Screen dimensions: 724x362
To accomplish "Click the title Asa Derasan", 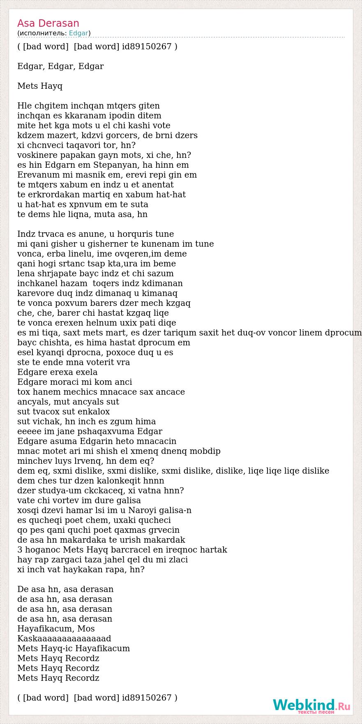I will (48, 23).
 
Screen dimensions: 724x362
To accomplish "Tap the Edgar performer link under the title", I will (78, 33).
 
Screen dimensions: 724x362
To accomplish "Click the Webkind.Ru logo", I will (311, 705).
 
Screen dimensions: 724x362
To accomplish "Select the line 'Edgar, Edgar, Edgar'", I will (60, 66).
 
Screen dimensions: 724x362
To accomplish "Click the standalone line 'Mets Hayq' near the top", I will (40, 86).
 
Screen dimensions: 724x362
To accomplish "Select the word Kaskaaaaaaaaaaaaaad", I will (64, 638).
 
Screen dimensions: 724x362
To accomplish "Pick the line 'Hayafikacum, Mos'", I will (56, 629).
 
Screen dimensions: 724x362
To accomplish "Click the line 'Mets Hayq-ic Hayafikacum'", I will (74, 648).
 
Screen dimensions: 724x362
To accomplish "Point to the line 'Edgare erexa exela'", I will (58, 372).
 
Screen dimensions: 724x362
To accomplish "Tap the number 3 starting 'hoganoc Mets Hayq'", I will (20, 550).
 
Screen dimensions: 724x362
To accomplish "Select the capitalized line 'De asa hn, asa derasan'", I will (65, 589).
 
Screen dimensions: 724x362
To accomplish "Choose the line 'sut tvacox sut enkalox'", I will (63, 412).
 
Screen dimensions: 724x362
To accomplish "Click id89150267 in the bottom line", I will (147, 698).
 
